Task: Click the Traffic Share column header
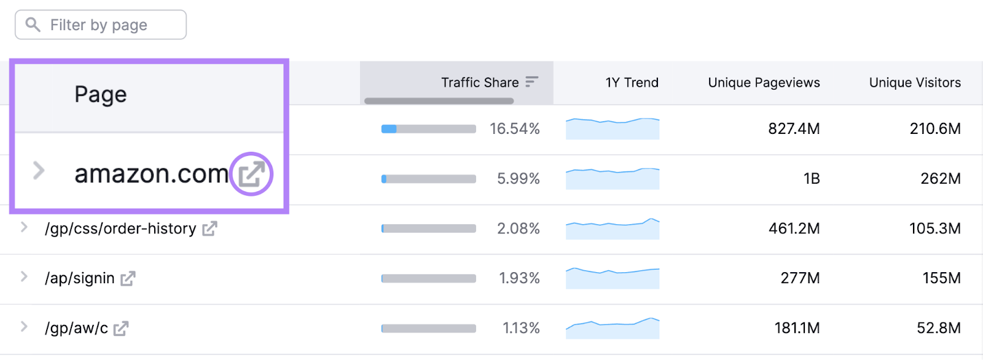(x=480, y=82)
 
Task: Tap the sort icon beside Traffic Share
(x=532, y=82)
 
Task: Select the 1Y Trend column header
(x=632, y=82)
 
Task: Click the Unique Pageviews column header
(x=764, y=82)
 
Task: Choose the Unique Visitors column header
(x=915, y=82)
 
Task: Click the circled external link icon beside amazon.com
(x=251, y=174)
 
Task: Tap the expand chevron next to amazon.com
(x=39, y=170)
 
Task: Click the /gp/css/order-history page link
(x=120, y=229)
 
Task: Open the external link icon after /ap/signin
(x=128, y=279)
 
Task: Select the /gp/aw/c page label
(x=76, y=329)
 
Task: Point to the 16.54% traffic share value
(x=514, y=129)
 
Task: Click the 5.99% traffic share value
(x=518, y=179)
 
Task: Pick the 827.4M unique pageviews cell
(x=794, y=129)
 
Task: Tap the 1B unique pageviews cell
(x=811, y=179)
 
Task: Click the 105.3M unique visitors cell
(x=934, y=229)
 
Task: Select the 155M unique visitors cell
(x=941, y=278)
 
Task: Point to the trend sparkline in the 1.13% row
(x=613, y=329)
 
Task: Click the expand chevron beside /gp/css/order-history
(x=24, y=227)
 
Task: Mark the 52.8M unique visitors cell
(x=938, y=328)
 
